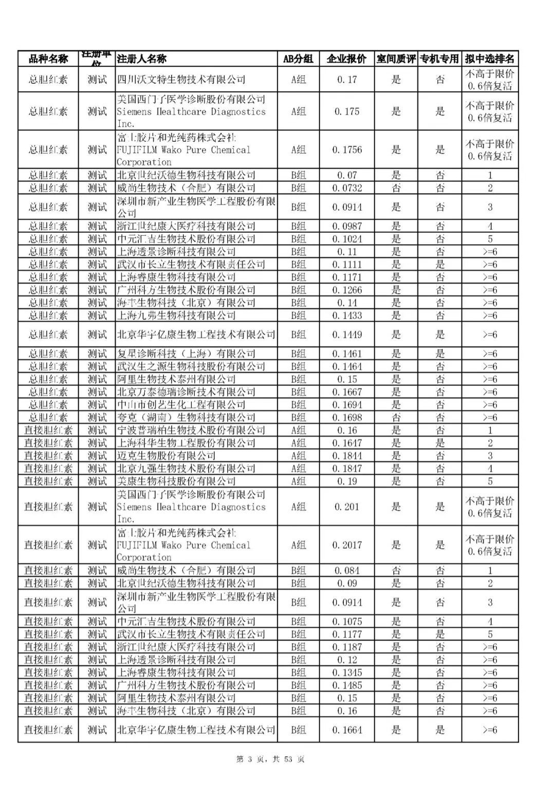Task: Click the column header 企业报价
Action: [x=346, y=59]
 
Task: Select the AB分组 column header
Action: [x=298, y=59]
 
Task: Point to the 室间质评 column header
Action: [x=396, y=59]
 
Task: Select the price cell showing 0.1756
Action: [x=346, y=149]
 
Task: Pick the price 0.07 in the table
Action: [x=346, y=175]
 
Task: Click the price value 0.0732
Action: [x=346, y=188]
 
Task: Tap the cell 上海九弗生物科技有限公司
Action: [x=176, y=315]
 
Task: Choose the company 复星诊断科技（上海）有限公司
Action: [x=186, y=354]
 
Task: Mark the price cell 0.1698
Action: [x=346, y=418]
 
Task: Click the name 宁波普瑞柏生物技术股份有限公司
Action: [x=191, y=430]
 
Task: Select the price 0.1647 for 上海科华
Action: [x=346, y=443]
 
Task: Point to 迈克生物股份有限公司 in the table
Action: [x=166, y=456]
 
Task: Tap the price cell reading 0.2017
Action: [x=346, y=545]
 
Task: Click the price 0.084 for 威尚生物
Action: [x=346, y=570]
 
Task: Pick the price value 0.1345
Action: [x=346, y=672]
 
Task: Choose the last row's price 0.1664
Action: [x=346, y=730]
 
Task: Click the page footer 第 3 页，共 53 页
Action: [x=270, y=759]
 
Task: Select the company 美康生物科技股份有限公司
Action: [x=176, y=481]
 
